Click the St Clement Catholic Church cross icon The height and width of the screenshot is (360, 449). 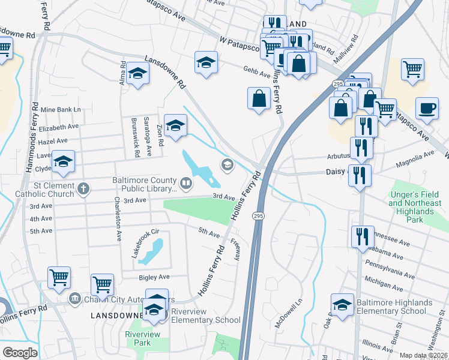[x=83, y=189]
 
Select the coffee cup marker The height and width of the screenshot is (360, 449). [x=427, y=109]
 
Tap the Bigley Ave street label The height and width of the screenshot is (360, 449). [x=154, y=277]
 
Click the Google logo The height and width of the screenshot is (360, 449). [x=19, y=353]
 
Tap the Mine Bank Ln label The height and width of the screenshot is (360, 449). [x=61, y=110]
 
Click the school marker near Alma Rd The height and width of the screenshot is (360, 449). [x=138, y=74]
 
